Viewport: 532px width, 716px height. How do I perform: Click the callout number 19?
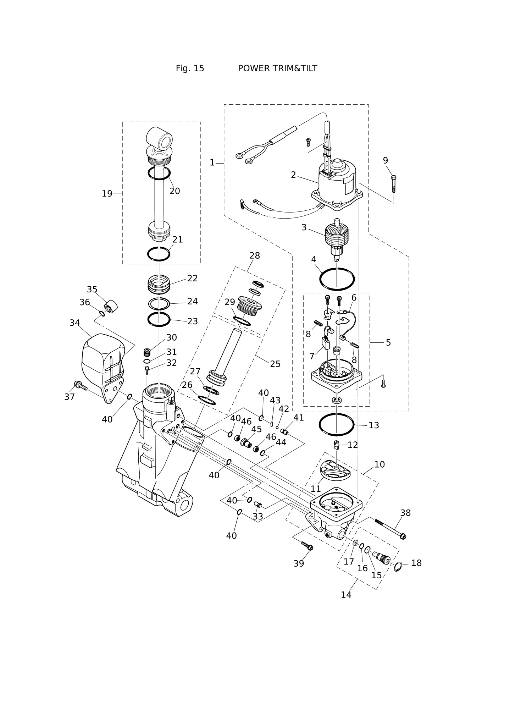[107, 194]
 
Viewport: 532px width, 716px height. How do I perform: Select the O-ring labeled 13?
[336, 414]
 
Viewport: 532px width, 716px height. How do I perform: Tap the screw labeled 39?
[307, 546]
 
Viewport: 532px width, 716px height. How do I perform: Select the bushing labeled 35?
[111, 307]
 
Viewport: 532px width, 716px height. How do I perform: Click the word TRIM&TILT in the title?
[277, 68]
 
